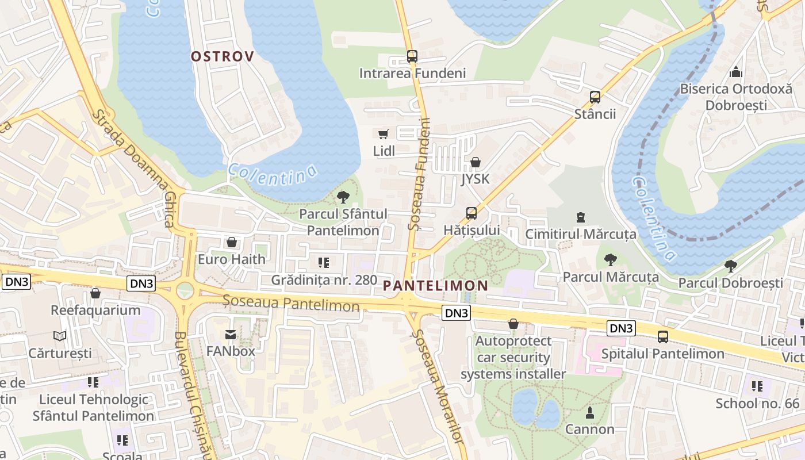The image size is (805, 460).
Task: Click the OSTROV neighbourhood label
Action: point(222,56)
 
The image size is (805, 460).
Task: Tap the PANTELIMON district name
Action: point(435,285)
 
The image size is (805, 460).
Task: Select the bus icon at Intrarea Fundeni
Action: point(412,56)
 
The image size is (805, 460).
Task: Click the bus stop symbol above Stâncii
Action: point(595,97)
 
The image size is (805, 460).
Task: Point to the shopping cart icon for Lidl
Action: point(384,134)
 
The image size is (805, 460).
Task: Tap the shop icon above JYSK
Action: point(475,162)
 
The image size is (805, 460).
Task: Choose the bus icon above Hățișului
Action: point(471,213)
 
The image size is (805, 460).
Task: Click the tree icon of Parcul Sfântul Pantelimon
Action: point(343,198)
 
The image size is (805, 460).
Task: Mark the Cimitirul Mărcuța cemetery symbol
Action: point(581,217)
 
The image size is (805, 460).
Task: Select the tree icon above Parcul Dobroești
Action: point(730,266)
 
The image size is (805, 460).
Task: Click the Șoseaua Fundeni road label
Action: point(419,174)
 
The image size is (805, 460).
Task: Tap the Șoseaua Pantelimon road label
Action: point(292,302)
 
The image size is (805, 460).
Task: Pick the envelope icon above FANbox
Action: point(231,334)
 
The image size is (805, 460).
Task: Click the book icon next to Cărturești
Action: point(60,336)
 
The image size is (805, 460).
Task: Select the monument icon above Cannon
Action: point(589,412)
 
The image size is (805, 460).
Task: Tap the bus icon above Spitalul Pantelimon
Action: point(663,337)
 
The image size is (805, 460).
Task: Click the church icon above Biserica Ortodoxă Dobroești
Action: point(735,72)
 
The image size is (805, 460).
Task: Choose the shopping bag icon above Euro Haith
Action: point(232,242)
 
